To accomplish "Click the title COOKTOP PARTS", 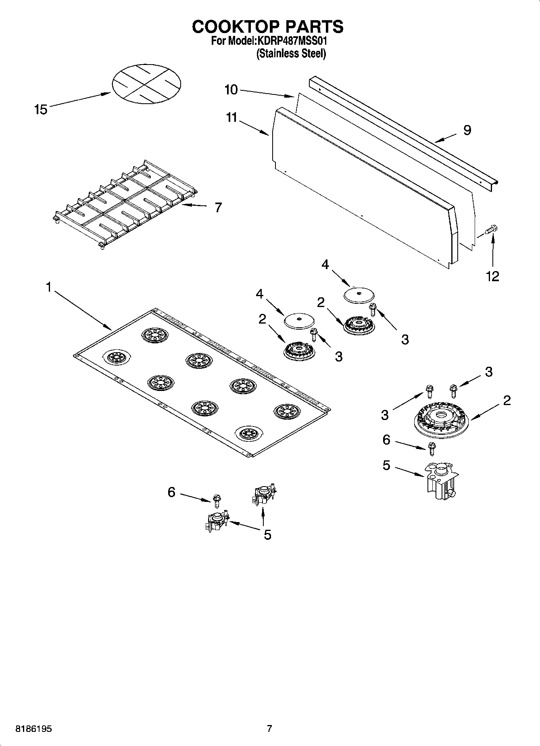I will click(x=268, y=27).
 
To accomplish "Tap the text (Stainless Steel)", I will click(x=291, y=53).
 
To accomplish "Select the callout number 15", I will click(x=41, y=109).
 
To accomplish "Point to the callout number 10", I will click(x=231, y=90).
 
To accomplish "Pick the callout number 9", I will click(x=467, y=130).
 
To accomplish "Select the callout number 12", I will click(x=493, y=276).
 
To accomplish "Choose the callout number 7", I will click(x=218, y=207).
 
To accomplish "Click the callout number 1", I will click(x=49, y=288).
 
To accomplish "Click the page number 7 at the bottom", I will click(x=269, y=729).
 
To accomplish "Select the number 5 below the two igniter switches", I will click(x=267, y=535).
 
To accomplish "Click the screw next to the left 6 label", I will click(x=217, y=500).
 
